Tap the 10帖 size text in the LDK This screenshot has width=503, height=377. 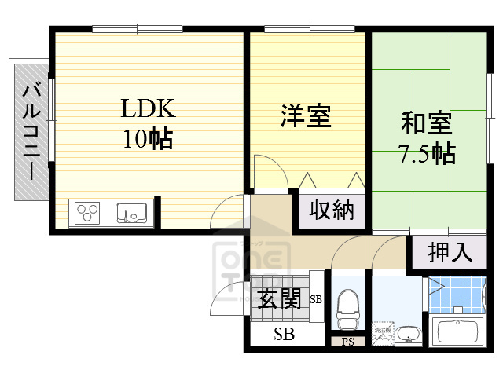[x=147, y=139]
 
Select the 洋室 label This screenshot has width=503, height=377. [x=307, y=116]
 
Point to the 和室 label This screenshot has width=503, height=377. [x=427, y=123]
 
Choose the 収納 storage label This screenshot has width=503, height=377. [x=331, y=210]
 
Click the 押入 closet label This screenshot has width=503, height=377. [x=450, y=252]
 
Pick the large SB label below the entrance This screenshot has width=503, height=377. [x=284, y=335]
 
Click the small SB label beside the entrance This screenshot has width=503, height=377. [x=316, y=299]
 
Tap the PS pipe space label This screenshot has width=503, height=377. [x=347, y=342]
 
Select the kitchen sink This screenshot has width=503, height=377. [x=131, y=212]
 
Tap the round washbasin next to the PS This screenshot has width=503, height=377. [x=408, y=335]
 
